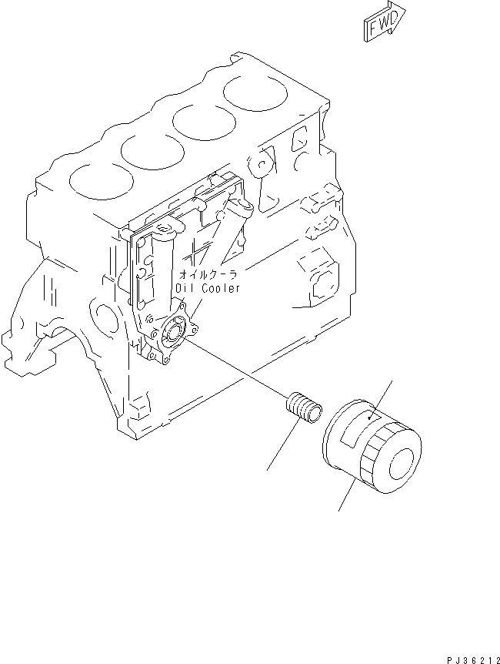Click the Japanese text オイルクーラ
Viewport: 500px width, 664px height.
(x=208, y=274)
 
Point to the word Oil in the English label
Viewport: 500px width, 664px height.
(x=183, y=288)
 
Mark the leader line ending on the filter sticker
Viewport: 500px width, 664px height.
(x=383, y=398)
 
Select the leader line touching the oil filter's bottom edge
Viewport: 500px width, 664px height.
(x=347, y=493)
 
